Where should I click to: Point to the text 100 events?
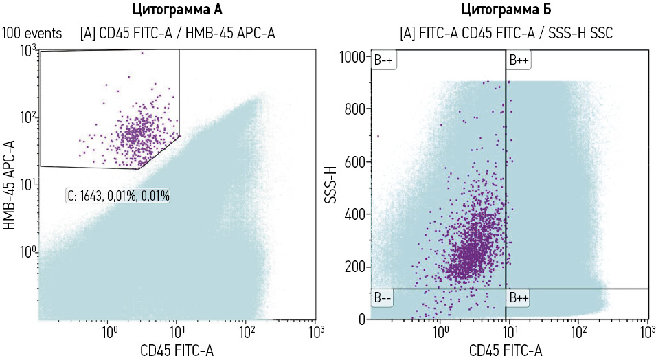[x=32, y=33]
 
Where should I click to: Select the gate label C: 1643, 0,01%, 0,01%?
[x=118, y=196]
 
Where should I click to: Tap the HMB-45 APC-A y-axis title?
[x=10, y=185]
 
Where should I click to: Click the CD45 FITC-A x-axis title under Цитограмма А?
[x=177, y=350]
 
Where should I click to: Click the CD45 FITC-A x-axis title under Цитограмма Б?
[x=506, y=350]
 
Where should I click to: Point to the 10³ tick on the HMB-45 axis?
[x=27, y=51]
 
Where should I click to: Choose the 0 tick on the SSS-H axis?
[x=360, y=319]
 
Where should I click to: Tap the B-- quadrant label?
[x=382, y=298]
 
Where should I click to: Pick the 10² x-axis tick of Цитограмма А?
[x=247, y=333]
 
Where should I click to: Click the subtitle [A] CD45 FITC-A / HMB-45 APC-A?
[x=178, y=33]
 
